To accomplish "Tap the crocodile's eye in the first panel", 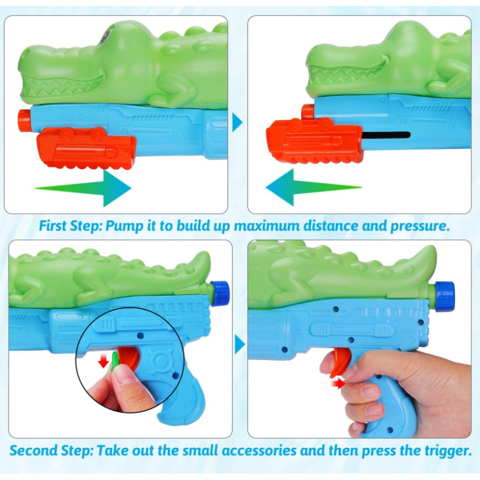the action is (105, 37).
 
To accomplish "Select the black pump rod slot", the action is (386, 134).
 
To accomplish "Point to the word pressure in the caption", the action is (420, 226).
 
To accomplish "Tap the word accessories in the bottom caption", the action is (259, 450).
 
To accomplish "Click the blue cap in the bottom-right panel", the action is (445, 296).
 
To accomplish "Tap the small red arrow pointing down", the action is (104, 361).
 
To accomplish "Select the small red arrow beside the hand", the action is (338, 383).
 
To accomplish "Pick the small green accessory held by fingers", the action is (115, 361).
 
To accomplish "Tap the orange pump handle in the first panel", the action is (87, 148).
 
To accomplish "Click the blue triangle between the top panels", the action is (237, 122).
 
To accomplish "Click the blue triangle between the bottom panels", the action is (240, 344).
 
